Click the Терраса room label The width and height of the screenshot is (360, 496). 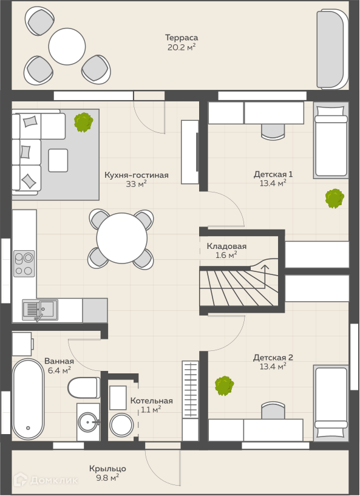pos(182,38)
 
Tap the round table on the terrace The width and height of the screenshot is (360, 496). pos(67,46)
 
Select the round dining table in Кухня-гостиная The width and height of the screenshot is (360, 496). pos(122,238)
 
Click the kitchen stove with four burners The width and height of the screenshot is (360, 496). pos(24,263)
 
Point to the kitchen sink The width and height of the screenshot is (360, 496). pos(40,310)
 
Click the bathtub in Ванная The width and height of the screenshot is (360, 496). pos(28,399)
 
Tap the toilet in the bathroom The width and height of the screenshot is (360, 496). pos(84,387)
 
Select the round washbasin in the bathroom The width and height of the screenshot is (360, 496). pos(89,422)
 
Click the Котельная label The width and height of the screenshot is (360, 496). pos(152,401)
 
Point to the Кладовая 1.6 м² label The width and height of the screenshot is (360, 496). pos(226,251)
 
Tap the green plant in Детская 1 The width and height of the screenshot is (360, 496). pos(335,199)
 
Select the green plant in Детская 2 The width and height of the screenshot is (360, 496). pos(224,386)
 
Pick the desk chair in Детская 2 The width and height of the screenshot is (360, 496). pos(273,410)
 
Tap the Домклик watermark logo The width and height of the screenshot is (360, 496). pos(46,480)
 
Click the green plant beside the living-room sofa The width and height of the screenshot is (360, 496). pos(84,122)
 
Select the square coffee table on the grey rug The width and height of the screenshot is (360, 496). pos(58,160)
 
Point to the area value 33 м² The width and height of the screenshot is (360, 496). pos(136,184)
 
